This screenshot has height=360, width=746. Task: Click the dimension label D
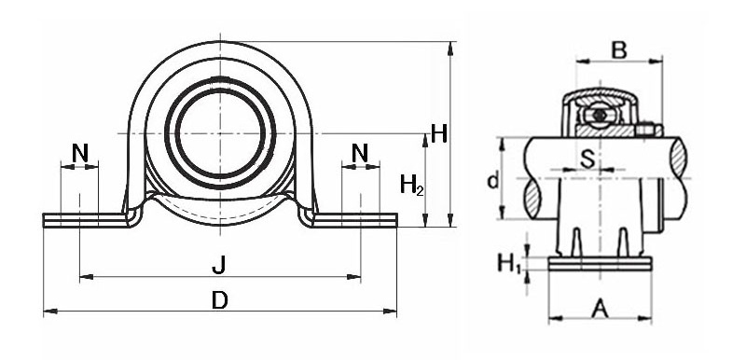(x=219, y=300)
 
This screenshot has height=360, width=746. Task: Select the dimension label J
(x=218, y=267)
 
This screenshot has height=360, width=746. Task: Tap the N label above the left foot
(x=80, y=151)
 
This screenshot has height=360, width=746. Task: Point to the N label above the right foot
(x=360, y=151)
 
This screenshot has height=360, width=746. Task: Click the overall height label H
(x=438, y=133)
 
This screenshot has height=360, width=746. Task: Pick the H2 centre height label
(x=411, y=186)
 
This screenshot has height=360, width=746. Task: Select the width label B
(x=617, y=49)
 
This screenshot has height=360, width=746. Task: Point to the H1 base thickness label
(x=508, y=265)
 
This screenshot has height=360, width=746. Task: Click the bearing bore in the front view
(x=220, y=132)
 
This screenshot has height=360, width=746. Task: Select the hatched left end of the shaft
(x=531, y=196)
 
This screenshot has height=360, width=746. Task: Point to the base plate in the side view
(x=598, y=266)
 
